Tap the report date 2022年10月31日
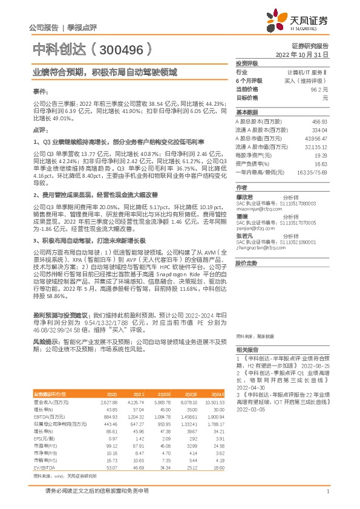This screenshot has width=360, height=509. click(303, 54)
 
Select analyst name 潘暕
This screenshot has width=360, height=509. click(241, 216)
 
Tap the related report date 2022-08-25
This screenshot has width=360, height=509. click(313, 366)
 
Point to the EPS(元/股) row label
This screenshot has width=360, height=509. click(44, 438)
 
